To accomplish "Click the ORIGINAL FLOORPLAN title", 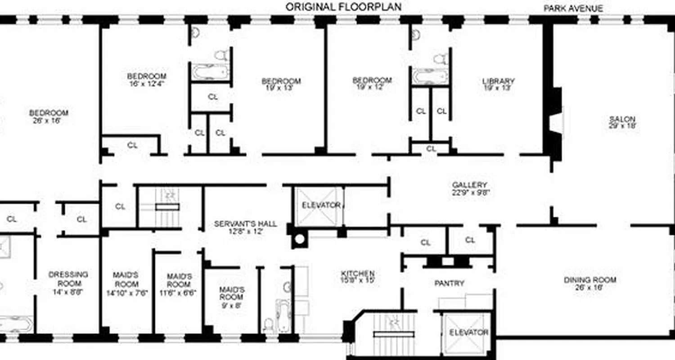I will [343, 7].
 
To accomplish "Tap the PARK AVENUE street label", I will [573, 8].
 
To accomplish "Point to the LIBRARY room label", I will [498, 85].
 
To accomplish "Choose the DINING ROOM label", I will [583, 283].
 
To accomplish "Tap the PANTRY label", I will [449, 283].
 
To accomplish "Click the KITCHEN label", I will [358, 276].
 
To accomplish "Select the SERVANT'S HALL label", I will [245, 227].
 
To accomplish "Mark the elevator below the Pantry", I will [468, 333].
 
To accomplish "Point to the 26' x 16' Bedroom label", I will [49, 117].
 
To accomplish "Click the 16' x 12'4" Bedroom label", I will [146, 80].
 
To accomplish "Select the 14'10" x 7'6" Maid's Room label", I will [126, 284].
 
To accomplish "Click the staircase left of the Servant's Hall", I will [167, 207].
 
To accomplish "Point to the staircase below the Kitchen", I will [393, 333].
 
